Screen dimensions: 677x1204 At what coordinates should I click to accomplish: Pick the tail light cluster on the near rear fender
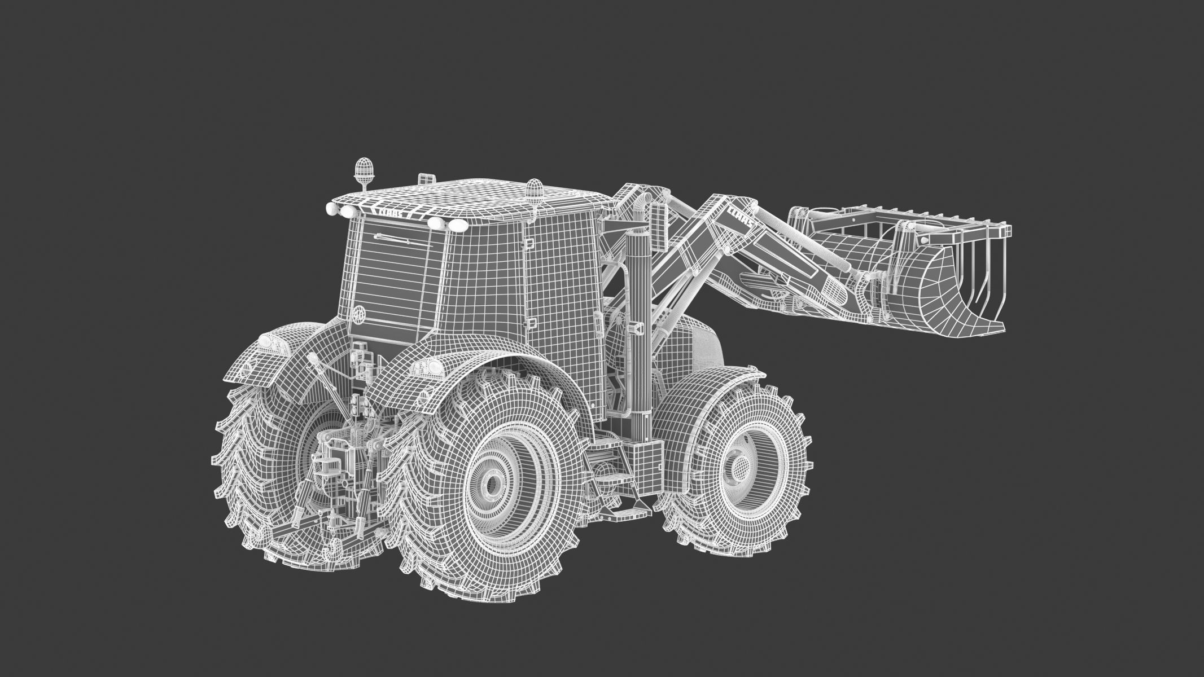pyautogui.click(x=427, y=368)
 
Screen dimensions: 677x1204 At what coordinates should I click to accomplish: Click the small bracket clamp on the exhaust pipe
pyautogui.click(x=636, y=328)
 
